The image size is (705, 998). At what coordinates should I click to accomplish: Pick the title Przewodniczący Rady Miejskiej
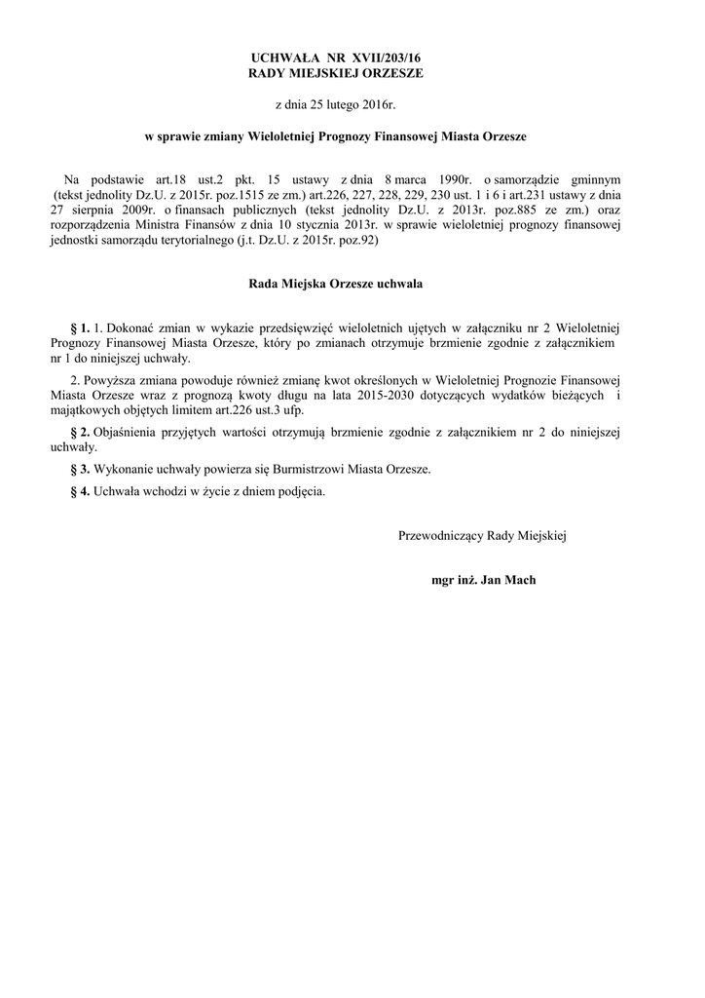482,535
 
